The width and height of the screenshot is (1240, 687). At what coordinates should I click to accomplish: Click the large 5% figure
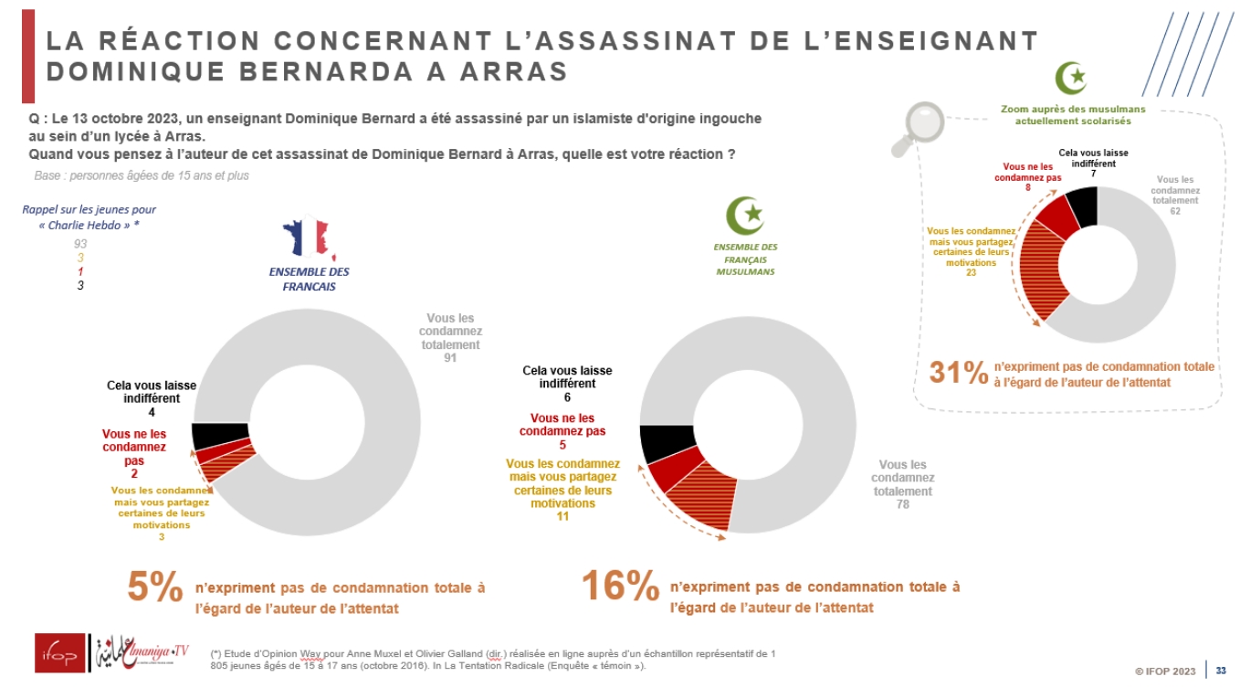[x=155, y=587]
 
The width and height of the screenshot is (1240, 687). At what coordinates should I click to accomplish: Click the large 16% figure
[x=620, y=587]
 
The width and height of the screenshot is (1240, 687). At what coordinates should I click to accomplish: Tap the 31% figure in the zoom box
[x=958, y=372]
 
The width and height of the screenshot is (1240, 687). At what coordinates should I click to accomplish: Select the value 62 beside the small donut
[x=1174, y=210]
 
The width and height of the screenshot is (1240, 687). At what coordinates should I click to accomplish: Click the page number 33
[x=1221, y=671]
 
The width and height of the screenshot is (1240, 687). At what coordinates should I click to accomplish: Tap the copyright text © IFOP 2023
[x=1165, y=671]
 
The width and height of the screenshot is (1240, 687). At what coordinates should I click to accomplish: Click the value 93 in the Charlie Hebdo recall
[x=80, y=244]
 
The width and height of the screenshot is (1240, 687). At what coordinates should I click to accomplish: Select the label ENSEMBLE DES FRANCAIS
[x=309, y=279]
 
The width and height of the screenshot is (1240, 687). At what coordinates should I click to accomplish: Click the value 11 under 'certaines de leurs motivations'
[x=562, y=516]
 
